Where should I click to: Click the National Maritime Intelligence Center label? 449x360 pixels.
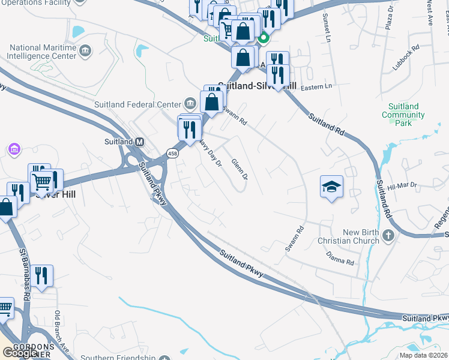(44, 52)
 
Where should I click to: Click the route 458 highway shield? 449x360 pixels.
(173, 154)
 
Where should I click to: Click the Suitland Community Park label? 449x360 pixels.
(403, 115)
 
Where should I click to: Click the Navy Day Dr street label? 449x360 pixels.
(210, 153)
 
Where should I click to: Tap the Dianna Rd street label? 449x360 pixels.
(341, 260)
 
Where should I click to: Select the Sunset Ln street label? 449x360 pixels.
(327, 26)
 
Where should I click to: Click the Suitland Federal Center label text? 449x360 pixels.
(137, 104)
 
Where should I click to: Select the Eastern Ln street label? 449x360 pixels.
(316, 86)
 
